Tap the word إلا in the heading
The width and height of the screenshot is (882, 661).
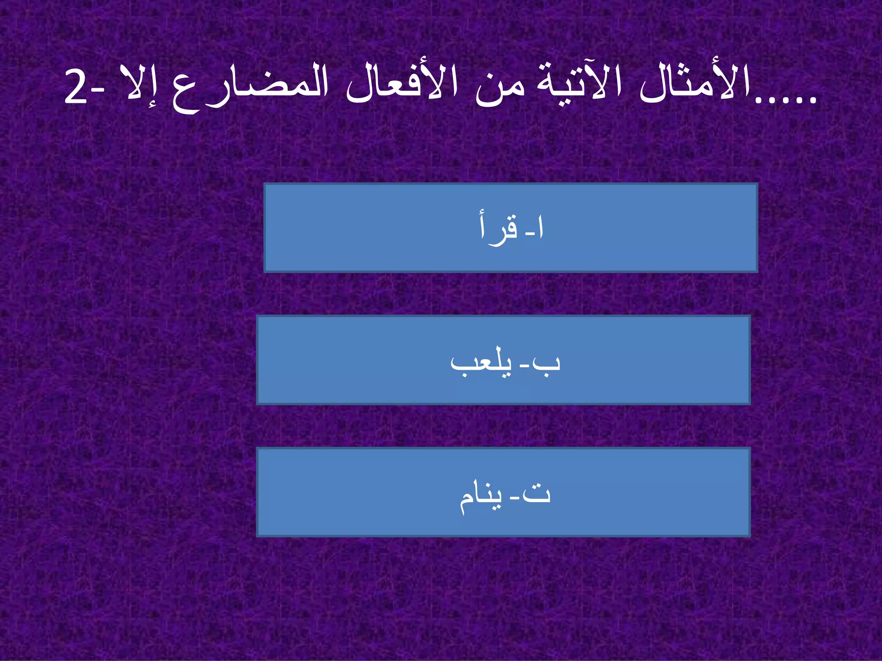pyautogui.click(x=134, y=84)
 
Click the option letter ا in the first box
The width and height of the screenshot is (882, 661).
pyautogui.click(x=541, y=228)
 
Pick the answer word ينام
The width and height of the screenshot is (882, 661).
pyautogui.click(x=481, y=496)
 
